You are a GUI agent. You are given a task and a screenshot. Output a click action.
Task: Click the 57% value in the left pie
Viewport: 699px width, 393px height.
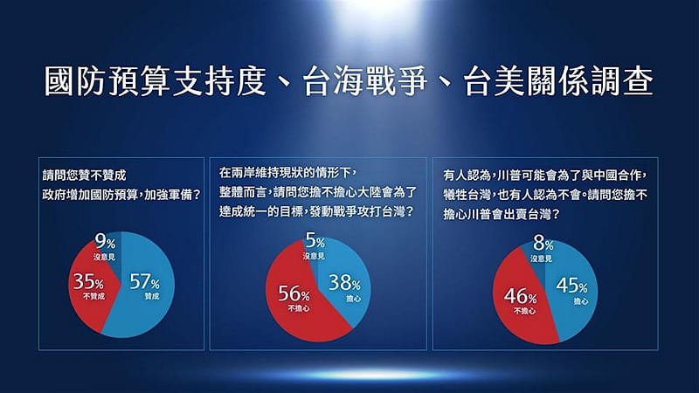coord(143,281)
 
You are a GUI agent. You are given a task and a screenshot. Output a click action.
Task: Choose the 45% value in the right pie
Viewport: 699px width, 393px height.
coord(571,286)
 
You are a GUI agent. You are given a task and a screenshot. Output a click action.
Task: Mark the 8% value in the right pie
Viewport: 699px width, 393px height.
coord(543,245)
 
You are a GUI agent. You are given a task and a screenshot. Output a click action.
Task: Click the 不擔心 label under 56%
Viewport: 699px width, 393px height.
coord(295,308)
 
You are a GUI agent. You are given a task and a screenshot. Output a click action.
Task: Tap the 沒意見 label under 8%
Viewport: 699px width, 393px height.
coord(542,259)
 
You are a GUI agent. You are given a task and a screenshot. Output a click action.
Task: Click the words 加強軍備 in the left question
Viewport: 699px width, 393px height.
coord(165,195)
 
